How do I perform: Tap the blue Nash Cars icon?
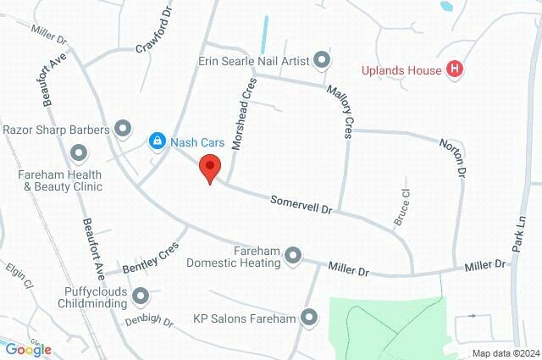157,141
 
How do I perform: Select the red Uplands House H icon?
456,69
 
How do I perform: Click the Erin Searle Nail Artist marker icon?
321,59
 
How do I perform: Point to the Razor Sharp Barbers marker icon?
124,129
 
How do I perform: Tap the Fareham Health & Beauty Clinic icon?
80,154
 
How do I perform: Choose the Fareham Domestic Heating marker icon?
294,254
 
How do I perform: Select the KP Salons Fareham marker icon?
309,318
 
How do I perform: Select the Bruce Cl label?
401,206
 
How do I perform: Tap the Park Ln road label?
520,230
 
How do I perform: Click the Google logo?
28,349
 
